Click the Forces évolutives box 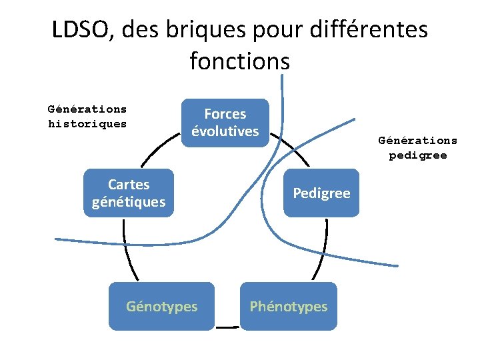(225, 123)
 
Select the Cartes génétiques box (129, 193)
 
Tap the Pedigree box (321, 193)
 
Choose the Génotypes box (161, 306)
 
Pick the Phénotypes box (288, 306)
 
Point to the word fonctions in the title (240, 61)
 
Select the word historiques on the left (87, 124)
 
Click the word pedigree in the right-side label (418, 156)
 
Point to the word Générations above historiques (87, 109)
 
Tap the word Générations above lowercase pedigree (418, 141)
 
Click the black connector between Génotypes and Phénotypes (227, 327)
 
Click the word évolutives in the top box (225, 131)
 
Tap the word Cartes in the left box (129, 185)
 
